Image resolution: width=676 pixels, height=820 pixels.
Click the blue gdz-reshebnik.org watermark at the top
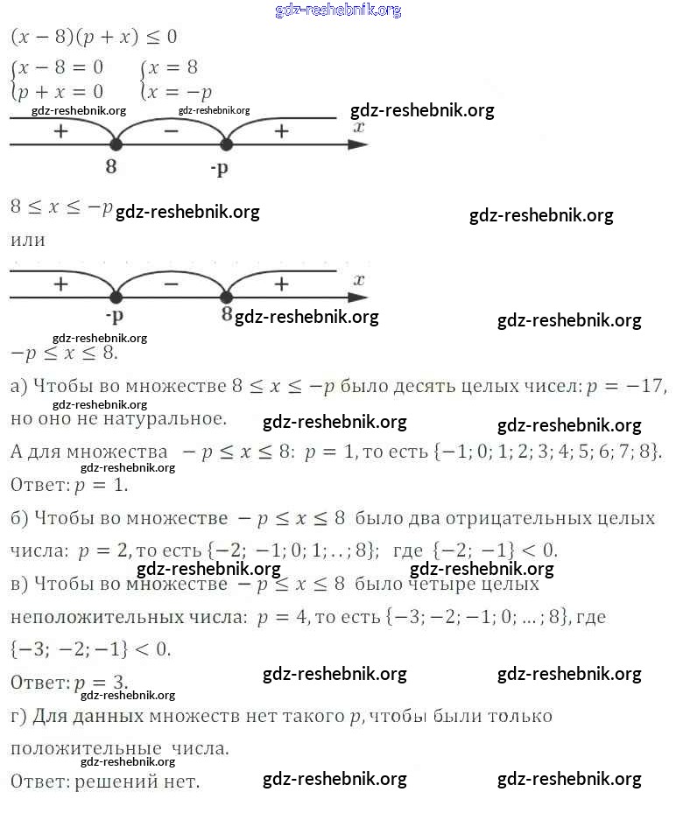pos(338,10)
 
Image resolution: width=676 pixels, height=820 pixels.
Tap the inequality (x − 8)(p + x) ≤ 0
pos(94,38)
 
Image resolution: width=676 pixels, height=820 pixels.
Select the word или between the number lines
pos(28,239)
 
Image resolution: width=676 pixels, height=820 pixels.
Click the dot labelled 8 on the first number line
pos(115,145)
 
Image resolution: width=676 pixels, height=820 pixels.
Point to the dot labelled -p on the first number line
pos(226,145)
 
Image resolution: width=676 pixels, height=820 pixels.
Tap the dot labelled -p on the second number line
pos(115,296)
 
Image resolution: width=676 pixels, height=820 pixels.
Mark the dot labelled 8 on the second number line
pos(227,296)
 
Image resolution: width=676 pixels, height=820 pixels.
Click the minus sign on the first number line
pos(171,131)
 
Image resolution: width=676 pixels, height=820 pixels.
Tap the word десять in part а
pos(445,387)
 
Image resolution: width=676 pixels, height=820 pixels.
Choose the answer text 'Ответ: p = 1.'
pos(69,484)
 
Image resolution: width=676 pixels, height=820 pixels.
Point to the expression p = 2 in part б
pos(103,551)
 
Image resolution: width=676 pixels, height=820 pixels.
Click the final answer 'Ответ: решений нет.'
pos(105,781)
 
